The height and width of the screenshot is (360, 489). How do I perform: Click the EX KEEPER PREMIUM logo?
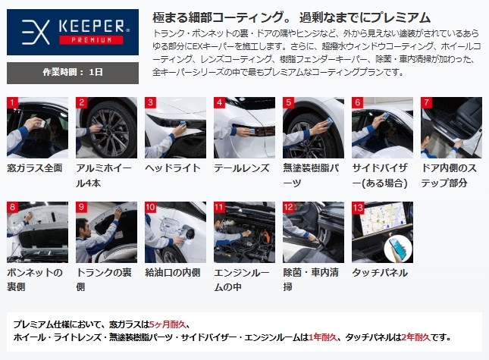click(73, 32)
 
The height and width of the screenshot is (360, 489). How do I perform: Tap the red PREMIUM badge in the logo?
click(91, 40)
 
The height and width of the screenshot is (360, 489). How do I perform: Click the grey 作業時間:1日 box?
click(73, 73)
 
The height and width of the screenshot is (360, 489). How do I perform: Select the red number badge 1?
click(12, 102)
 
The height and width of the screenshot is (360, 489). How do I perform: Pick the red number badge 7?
click(426, 102)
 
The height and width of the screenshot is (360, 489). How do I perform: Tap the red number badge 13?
click(358, 207)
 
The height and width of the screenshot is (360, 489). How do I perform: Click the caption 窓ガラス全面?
click(35, 168)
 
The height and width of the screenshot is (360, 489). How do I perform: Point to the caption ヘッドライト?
click(173, 168)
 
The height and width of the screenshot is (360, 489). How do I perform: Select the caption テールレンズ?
click(242, 168)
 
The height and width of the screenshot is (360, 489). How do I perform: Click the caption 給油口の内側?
click(173, 273)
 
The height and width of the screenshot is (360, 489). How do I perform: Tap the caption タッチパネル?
click(380, 273)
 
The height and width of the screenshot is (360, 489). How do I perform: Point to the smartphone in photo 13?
click(399, 249)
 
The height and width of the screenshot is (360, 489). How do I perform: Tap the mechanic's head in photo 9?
click(82, 227)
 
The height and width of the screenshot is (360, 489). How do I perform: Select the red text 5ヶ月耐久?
click(168, 324)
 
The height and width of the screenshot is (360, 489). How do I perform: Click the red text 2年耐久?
click(416, 337)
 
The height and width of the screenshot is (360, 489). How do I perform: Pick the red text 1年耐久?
click(323, 337)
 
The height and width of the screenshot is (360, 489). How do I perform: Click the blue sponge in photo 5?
click(328, 122)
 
